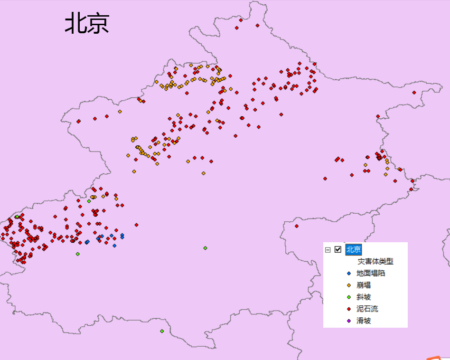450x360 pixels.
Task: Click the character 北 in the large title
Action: pos(75,23)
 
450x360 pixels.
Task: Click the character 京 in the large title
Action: pos(98,23)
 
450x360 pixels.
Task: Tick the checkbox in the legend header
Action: pos(338,249)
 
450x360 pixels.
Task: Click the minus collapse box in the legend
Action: pos(328,249)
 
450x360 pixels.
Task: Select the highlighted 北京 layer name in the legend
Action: pos(353,249)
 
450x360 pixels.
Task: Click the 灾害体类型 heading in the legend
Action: pos(375,261)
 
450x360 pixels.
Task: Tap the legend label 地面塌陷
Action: pos(370,273)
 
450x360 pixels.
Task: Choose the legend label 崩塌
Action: pos(364,285)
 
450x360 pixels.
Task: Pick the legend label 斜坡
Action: pos(364,297)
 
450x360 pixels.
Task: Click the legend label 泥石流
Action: pos(367,309)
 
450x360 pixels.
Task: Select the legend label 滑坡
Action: pos(364,321)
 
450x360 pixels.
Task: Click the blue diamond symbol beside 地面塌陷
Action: pos(348,273)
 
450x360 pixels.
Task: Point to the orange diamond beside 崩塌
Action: pos(348,285)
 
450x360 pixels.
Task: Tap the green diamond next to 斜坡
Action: pos(348,297)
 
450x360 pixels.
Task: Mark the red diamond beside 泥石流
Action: pos(348,309)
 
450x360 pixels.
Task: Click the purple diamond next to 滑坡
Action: pos(348,321)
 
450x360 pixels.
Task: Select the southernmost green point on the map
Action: pos(162,331)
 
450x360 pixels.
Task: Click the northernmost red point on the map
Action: pos(241,20)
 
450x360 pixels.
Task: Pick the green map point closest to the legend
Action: pos(205,248)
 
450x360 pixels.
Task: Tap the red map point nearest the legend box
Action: pos(297,226)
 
